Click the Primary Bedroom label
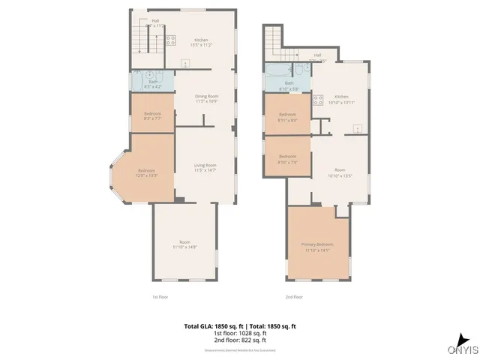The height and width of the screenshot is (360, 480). (x=317, y=244)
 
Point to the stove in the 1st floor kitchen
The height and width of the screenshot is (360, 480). (x=170, y=40)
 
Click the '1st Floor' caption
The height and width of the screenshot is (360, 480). (x=159, y=297)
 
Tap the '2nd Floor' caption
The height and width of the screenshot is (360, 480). (x=295, y=297)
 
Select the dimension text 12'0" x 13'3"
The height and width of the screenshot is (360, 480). (x=146, y=175)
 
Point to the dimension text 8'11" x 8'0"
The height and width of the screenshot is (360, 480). (x=288, y=120)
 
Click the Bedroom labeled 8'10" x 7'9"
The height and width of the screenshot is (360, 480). (x=288, y=156)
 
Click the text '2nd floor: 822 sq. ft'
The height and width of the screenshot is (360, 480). (x=240, y=340)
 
